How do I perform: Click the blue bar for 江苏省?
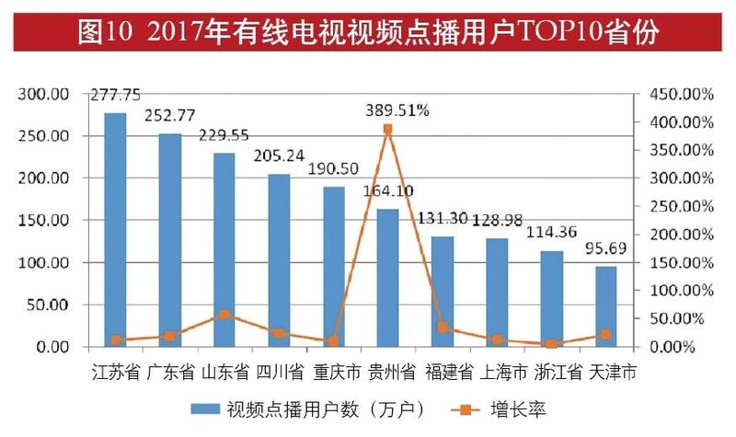116,230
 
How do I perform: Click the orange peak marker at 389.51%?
388,130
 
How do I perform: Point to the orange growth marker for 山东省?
224,315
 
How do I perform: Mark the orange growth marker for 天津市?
605,335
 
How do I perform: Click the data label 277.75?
116,95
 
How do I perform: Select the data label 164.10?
388,193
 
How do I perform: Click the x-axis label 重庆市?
333,373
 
